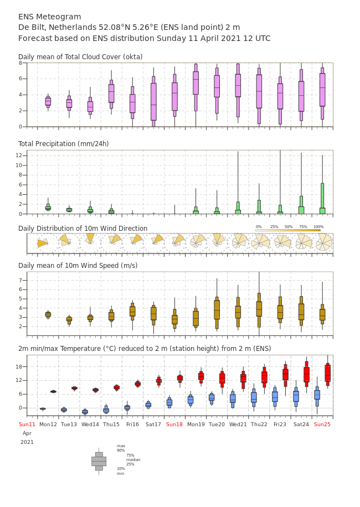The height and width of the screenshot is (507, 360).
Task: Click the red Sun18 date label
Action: coord(174,424)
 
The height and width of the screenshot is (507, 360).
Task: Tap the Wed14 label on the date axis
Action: coord(90,424)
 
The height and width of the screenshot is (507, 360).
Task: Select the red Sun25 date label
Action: coord(322,424)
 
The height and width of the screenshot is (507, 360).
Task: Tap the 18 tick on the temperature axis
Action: coord(19,366)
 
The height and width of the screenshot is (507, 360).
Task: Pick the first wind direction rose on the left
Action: coord(42,243)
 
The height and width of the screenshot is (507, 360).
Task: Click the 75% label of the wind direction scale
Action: coord(303,227)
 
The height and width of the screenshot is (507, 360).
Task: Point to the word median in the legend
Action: coord(133,459)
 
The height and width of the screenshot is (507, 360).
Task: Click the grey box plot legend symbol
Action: coord(99,462)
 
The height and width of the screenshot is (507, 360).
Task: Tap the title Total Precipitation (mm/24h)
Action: coord(63,143)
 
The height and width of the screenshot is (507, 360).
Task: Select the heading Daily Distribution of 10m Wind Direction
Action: coord(83,228)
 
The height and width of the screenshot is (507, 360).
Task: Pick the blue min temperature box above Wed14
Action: coord(85,412)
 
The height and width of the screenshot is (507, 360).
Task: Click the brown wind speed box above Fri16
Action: coord(132,312)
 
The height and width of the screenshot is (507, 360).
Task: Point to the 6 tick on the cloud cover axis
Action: coord(20,79)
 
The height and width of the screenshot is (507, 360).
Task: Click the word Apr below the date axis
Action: coord(27,433)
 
